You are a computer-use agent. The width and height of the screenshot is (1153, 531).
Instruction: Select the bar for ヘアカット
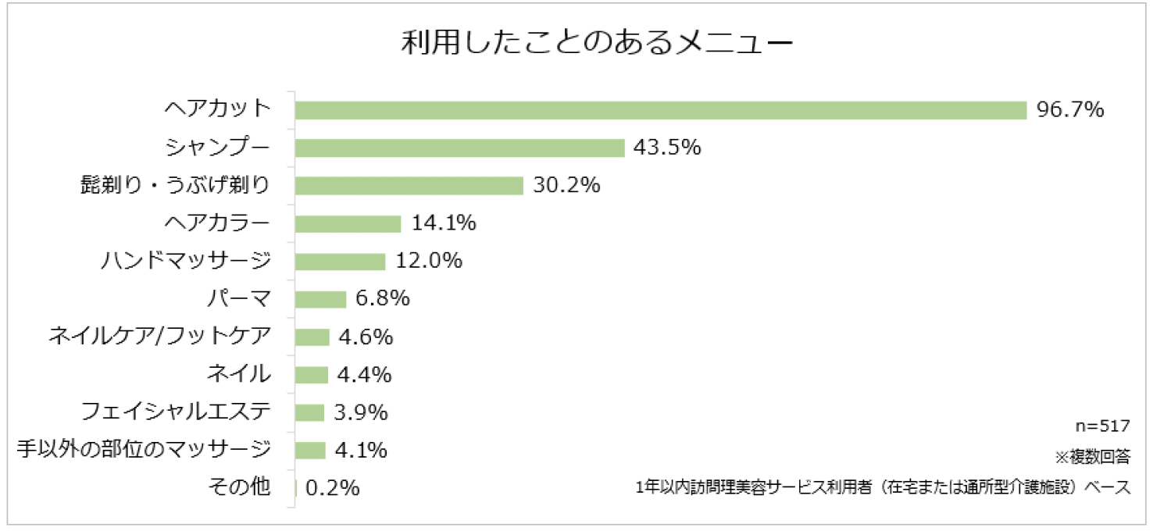coord(660,110)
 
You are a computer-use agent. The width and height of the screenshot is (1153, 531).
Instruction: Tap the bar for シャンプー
coord(459,148)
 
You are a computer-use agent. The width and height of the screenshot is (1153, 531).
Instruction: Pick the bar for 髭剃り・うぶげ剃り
coord(409,185)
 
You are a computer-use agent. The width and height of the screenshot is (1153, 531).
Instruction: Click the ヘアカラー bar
coord(348,223)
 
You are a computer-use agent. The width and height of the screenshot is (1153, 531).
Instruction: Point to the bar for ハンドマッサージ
coord(340,261)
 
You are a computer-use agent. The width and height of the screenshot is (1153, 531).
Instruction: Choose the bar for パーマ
coord(320,299)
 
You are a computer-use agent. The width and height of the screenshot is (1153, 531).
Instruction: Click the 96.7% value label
coord(1069,110)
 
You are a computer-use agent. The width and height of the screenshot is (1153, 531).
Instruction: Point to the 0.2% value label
coord(332,488)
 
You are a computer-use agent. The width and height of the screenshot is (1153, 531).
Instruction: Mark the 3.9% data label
coord(361,412)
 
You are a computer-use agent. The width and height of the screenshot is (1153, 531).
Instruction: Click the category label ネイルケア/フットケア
coord(159,337)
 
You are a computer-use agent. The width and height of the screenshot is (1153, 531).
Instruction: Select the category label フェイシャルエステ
coord(176,412)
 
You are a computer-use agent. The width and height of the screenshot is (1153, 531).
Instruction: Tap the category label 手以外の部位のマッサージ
coord(144,450)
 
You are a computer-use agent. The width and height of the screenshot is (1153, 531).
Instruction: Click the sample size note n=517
coord(1102,426)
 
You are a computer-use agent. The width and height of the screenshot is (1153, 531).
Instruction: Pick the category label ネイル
coord(238,374)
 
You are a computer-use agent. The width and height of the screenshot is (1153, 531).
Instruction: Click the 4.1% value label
coord(362,451)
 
